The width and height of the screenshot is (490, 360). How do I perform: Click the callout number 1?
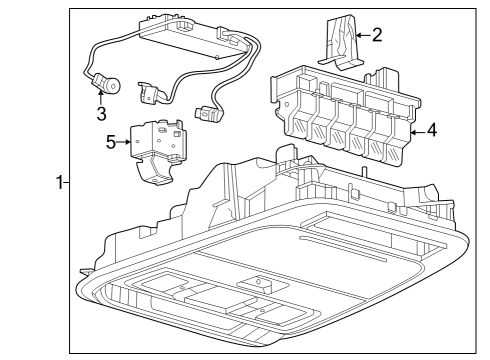coord(59,182)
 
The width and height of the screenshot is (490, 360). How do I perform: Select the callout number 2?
coord(376,35)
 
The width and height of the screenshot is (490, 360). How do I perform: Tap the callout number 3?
coord(101,113)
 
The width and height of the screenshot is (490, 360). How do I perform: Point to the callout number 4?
coord(430,130)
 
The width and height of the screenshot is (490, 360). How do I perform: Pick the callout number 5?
coord(112,142)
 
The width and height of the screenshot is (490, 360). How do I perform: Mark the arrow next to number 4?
coord(416,130)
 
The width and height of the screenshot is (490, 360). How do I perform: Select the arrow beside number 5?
coord(128,142)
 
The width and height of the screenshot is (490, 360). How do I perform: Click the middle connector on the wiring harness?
coord(150,91)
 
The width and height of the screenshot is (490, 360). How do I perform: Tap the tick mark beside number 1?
coord(68,182)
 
